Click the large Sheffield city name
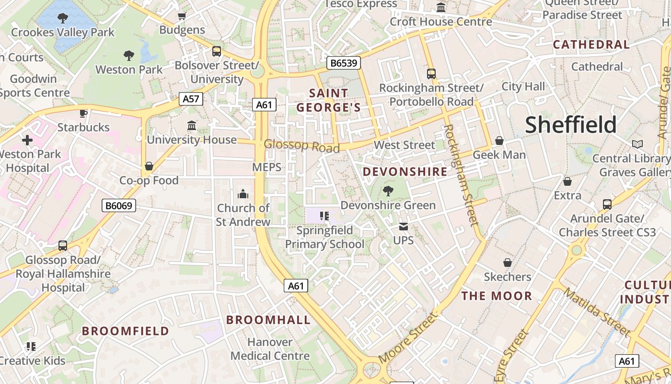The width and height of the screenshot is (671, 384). [x=570, y=125]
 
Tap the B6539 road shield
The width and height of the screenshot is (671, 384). [x=344, y=63]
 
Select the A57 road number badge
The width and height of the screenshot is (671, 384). [x=191, y=99]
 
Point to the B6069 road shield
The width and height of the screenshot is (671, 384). [x=119, y=206]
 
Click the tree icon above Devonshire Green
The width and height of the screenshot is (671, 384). [x=388, y=191]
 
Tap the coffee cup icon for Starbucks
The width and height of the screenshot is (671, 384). [x=83, y=113]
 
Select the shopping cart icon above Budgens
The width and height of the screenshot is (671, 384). [x=182, y=16]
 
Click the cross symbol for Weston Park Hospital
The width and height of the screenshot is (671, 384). [x=27, y=140]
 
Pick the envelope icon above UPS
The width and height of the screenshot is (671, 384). [x=404, y=226]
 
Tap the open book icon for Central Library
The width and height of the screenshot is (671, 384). [x=637, y=144]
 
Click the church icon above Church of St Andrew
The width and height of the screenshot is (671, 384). [x=243, y=194]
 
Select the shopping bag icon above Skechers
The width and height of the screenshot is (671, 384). [x=508, y=263]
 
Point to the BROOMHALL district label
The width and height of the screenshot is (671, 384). [x=268, y=320]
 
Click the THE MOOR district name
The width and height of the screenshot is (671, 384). [x=497, y=296]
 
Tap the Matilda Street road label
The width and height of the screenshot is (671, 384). [x=597, y=312]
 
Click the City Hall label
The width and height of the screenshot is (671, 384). [x=523, y=86]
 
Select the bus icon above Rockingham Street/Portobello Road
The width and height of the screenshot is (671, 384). [x=431, y=73]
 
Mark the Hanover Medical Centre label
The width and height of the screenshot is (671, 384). [x=270, y=349]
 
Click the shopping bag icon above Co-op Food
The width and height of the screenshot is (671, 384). [x=149, y=166]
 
